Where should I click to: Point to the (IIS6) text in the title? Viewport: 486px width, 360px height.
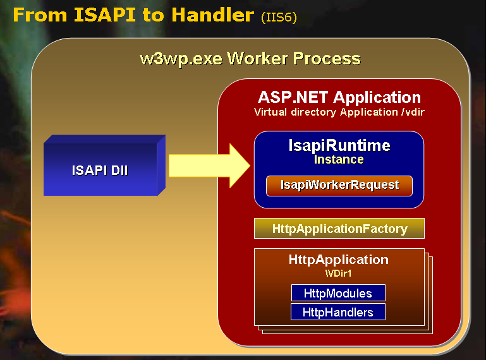tap(278, 16)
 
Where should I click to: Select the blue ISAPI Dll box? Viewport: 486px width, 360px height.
tap(100, 170)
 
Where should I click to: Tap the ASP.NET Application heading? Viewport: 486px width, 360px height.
tap(339, 97)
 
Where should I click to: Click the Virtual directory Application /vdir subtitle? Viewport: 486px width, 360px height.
tap(339, 112)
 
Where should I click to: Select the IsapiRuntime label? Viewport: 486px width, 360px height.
tap(339, 145)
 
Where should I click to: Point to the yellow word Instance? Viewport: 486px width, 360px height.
tap(339, 159)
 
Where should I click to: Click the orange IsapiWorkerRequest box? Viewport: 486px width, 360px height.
tap(339, 185)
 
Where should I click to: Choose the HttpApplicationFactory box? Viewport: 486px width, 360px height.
tap(339, 228)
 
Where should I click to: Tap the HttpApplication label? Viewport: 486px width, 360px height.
tap(338, 260)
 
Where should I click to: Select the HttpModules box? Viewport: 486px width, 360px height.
tap(337, 293)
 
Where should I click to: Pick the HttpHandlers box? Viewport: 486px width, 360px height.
tap(337, 312)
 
